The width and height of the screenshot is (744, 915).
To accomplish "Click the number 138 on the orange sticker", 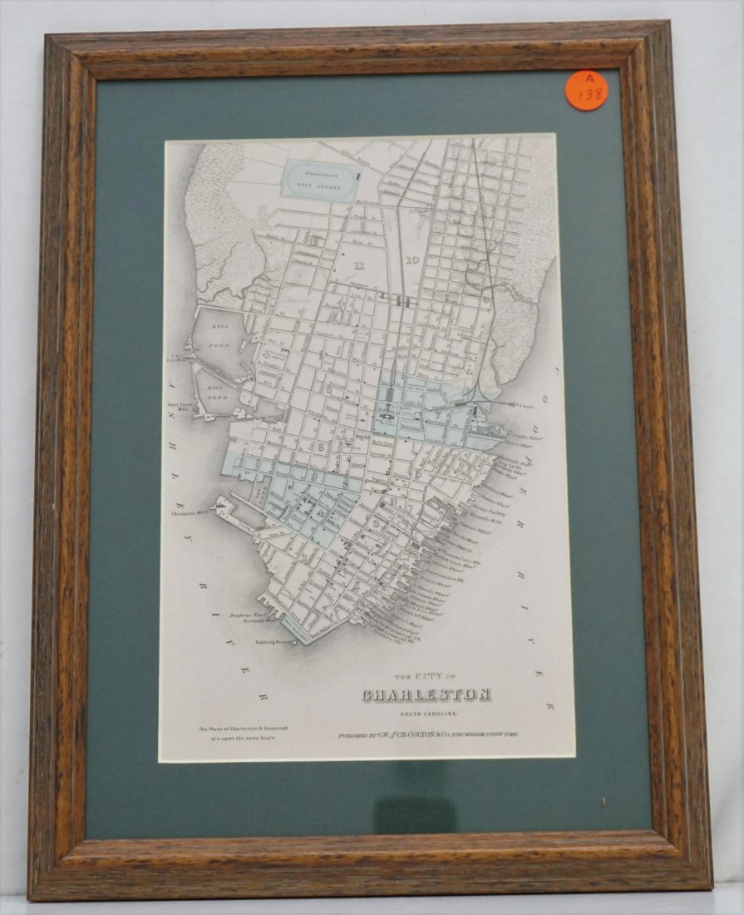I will click(591, 96).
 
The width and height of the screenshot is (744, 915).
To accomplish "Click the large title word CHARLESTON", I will click(426, 695).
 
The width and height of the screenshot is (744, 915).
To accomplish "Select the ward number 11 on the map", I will click(359, 265).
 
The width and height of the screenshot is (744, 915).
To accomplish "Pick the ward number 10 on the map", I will click(412, 260).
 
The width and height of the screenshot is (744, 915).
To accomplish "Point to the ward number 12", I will click(313, 241).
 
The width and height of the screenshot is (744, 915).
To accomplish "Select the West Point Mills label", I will click(180, 407).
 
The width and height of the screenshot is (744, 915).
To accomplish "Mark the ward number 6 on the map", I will click(322, 447).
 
